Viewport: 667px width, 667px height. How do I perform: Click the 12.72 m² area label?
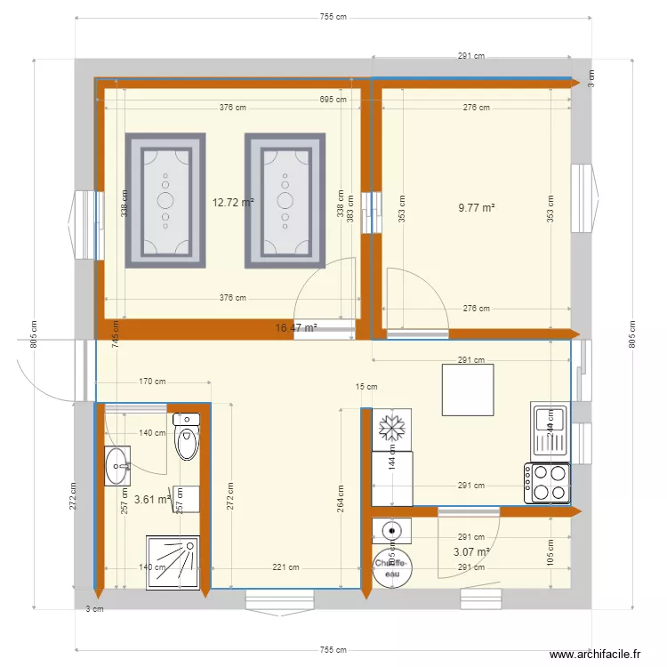point(233,202)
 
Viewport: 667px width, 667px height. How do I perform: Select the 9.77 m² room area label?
point(476,208)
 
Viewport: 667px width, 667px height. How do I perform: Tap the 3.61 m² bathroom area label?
point(152,500)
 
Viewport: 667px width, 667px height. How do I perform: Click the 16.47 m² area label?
point(296,328)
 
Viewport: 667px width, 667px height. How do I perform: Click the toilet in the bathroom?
point(187,437)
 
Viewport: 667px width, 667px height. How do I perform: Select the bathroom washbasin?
point(117,466)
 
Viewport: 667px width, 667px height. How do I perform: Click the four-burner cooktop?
point(547,484)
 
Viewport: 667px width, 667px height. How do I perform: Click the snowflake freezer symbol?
point(391,429)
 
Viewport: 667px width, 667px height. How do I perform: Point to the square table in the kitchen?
point(468,389)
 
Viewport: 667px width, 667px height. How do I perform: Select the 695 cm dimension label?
point(333,100)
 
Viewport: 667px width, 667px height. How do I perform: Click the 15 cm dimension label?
point(366,387)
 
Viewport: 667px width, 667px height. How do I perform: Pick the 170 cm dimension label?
point(152,382)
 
